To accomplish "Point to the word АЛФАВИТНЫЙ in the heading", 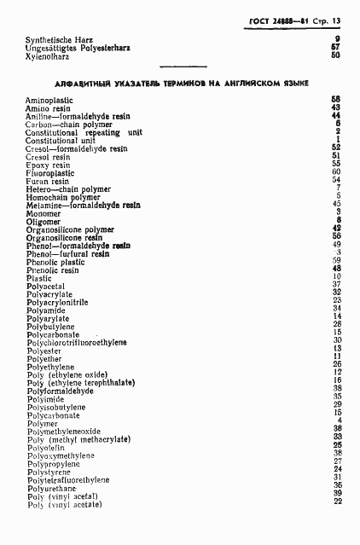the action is pyautogui.click(x=81, y=83).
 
